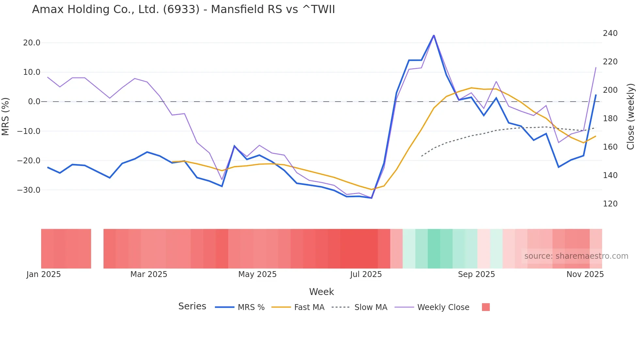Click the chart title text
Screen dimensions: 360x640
pos(184,9)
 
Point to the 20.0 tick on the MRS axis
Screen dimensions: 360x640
pos(32,43)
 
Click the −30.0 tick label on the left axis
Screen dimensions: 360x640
pos(29,190)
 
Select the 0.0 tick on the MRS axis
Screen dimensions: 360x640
pos(34,102)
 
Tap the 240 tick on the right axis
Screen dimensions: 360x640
pos(610,33)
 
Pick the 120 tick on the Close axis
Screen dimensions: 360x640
pos(610,204)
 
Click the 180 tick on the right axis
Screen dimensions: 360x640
pos(610,119)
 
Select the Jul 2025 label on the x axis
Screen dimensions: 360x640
pos(366,274)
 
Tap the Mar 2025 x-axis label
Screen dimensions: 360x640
pos(149,274)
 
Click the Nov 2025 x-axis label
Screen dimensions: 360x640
pos(585,274)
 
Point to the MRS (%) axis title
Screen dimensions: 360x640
pos(6,116)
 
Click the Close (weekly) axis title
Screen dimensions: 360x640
pos(631,117)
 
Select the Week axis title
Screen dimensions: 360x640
pos(321,292)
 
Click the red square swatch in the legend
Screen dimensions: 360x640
pos(486,307)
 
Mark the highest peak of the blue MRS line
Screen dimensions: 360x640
pos(434,35)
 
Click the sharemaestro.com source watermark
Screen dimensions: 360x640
pos(576,256)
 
